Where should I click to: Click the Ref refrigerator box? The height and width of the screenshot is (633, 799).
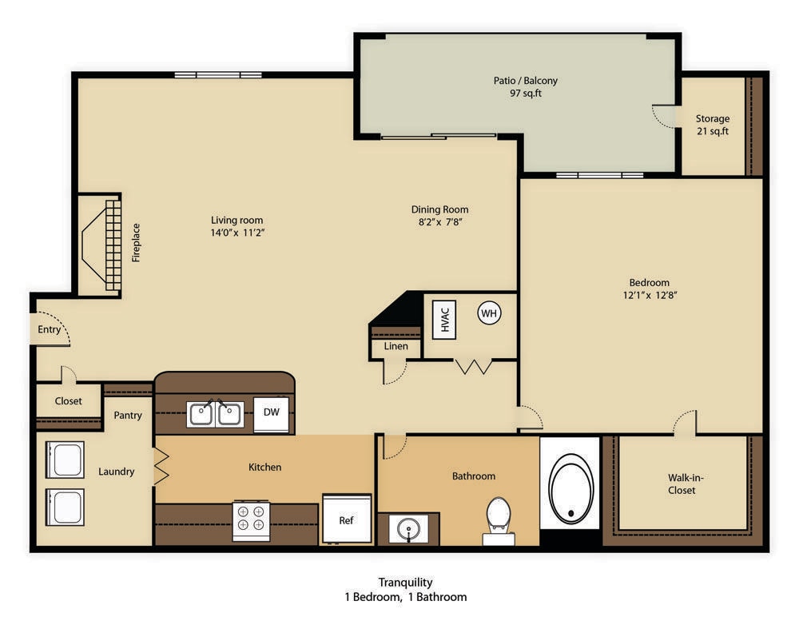[347, 520]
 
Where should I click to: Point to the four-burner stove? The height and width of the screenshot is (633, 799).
[251, 519]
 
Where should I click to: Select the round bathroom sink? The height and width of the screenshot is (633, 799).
[408, 529]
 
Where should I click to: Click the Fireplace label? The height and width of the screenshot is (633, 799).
[136, 243]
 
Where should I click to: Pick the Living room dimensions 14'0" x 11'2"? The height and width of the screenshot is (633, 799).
[237, 233]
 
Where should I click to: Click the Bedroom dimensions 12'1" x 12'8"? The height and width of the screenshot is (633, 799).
[649, 294]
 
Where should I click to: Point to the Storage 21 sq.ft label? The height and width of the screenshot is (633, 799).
[712, 131]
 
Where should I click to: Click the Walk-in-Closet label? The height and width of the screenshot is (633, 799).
[682, 484]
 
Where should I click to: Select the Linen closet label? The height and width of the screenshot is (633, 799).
[396, 346]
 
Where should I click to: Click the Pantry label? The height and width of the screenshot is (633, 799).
[128, 415]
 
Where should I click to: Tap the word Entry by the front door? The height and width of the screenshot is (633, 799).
[50, 329]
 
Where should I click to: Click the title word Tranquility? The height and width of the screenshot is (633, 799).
[405, 583]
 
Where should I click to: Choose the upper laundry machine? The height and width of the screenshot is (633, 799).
[65, 459]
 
